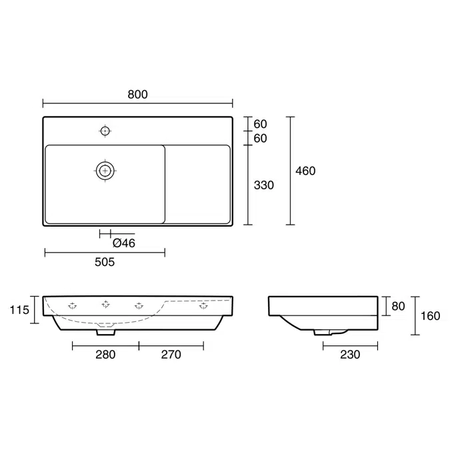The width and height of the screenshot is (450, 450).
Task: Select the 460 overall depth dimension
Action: pyautogui.click(x=305, y=171)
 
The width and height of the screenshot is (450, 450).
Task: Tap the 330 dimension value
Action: pyautogui.click(x=264, y=185)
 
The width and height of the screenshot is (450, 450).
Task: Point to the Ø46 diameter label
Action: pyautogui.click(x=123, y=243)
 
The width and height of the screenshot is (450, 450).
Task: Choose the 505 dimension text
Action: pyautogui.click(x=105, y=262)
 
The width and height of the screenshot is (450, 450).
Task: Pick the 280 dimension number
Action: pyautogui.click(x=105, y=355)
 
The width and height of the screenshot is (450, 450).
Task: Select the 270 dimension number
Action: pyautogui.click(x=171, y=355)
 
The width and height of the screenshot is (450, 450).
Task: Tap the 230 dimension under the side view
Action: pyautogui.click(x=349, y=355)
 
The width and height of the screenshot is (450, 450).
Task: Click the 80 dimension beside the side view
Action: pyautogui.click(x=398, y=307)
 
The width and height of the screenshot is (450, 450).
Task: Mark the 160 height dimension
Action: pyautogui.click(x=430, y=315)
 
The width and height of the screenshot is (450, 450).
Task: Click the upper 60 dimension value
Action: pyautogui.click(x=260, y=125)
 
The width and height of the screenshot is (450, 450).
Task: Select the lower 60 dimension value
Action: pyautogui.click(x=260, y=139)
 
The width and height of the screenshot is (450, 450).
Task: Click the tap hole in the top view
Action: pyautogui.click(x=105, y=131)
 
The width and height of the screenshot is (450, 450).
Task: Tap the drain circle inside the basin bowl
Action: pyautogui.click(x=105, y=171)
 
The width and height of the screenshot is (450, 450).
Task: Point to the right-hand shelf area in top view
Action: pyautogui.click(x=198, y=184)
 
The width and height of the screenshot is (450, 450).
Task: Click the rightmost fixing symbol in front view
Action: pyautogui.click(x=203, y=306)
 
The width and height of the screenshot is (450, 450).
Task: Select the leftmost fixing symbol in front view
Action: pyautogui.click(x=72, y=306)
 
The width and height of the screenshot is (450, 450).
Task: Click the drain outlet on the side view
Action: pyautogui.click(x=322, y=331)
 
